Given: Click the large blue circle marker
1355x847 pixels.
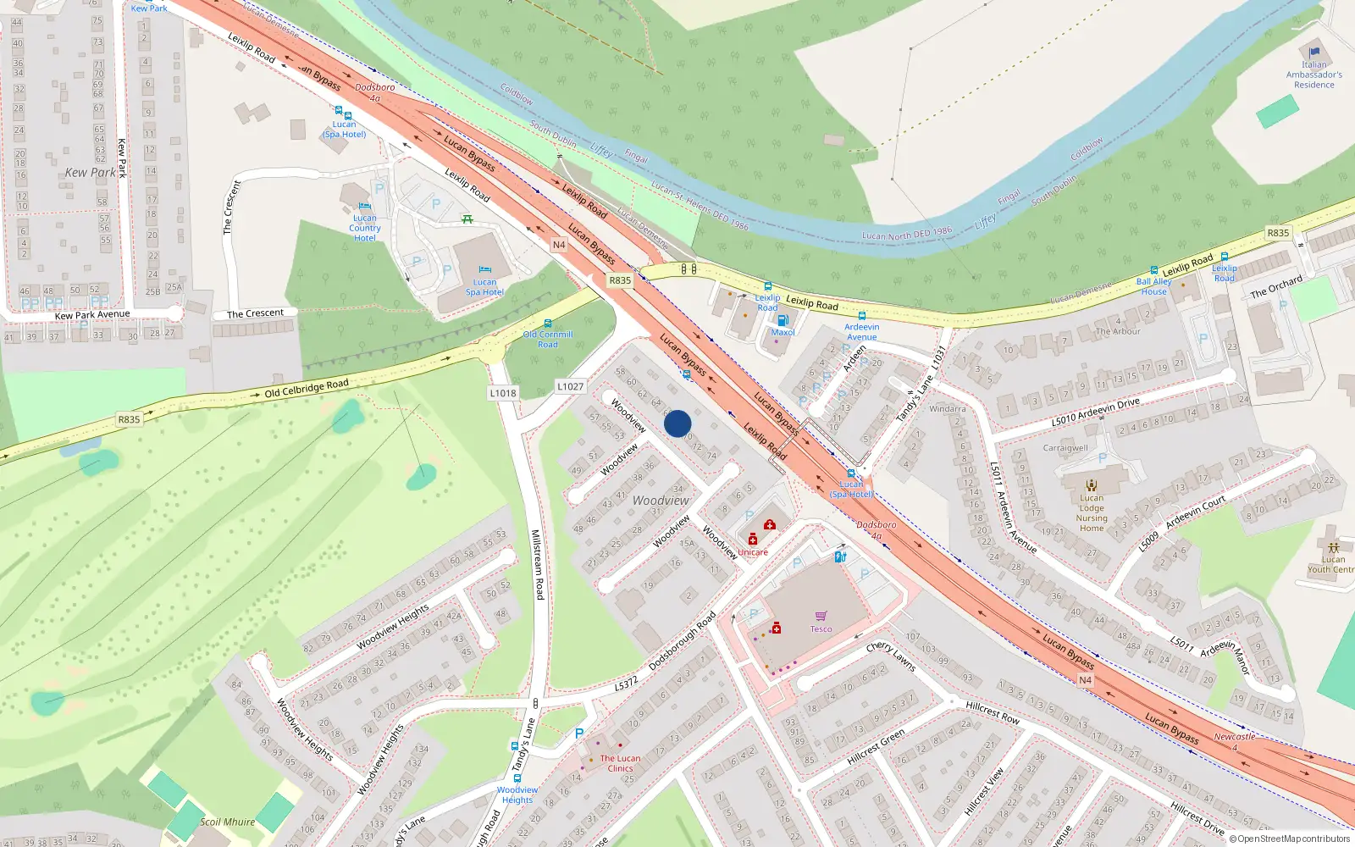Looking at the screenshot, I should click(677, 423).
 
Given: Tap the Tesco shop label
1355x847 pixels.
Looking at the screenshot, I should click(821, 629).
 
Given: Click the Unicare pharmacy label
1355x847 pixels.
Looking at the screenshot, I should click(752, 552).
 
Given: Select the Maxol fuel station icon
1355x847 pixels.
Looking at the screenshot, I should click(783, 320).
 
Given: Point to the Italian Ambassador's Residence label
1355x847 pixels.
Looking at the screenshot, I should click(1314, 75).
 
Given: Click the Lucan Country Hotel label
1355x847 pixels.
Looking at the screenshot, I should click(365, 228).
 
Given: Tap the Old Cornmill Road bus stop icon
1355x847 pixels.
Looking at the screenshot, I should click(548, 324).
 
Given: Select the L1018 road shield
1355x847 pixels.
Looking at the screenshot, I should click(502, 393).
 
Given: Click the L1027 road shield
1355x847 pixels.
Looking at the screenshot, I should click(570, 386).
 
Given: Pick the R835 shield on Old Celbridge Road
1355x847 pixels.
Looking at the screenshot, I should click(129, 419).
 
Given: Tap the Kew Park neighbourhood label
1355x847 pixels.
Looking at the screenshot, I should click(90, 173).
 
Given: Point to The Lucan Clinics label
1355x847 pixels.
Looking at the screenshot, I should click(620, 763).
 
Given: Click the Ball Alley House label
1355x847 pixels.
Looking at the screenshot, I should click(1153, 286).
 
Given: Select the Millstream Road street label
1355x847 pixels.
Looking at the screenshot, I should click(536, 564).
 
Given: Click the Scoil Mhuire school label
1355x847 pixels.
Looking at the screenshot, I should click(227, 822).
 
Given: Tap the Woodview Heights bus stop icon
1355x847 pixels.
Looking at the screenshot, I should click(517, 778).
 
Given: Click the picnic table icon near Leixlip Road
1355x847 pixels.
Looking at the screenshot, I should click(467, 219).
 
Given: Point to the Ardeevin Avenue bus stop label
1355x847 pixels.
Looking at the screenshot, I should click(861, 332).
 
